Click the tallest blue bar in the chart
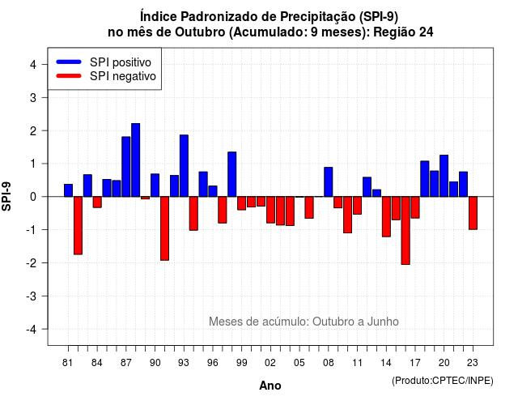(x=135, y=160)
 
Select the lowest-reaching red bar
(x=405, y=230)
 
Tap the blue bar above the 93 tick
(x=184, y=165)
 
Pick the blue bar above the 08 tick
(x=328, y=181)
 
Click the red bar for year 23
(x=473, y=213)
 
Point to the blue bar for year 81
(x=68, y=190)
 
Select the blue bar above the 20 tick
(x=444, y=176)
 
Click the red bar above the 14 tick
(x=386, y=216)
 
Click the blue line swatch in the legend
(x=69, y=62)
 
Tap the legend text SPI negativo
(x=123, y=76)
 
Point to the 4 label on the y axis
(x=33, y=65)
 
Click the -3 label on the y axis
(x=32, y=296)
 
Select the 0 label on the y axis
(x=33, y=197)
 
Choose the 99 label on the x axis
(x=241, y=363)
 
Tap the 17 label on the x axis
(x=415, y=363)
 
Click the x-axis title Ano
(x=270, y=386)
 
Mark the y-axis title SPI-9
(x=6, y=196)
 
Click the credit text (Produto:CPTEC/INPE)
(x=443, y=381)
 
